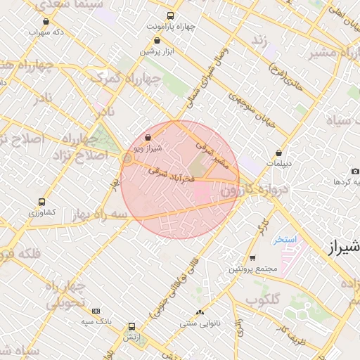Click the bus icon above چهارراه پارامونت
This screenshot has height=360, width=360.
click(169, 15)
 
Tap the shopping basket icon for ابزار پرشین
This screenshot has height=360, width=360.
click(156, 41)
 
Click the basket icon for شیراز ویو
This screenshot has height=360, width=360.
click(148, 138)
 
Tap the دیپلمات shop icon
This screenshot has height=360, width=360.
click(280, 153)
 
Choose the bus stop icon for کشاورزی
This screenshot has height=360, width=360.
click(41, 200)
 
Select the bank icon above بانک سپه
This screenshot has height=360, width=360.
click(96, 311)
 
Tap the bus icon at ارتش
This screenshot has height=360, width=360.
click(131, 326)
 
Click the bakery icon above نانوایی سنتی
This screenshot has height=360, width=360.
click(200, 312)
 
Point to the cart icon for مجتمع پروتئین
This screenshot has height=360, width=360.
click(252, 258)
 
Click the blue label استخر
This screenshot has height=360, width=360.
click(285, 240)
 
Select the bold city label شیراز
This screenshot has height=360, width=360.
click(344, 247)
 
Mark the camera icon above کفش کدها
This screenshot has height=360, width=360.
click(355, 172)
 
